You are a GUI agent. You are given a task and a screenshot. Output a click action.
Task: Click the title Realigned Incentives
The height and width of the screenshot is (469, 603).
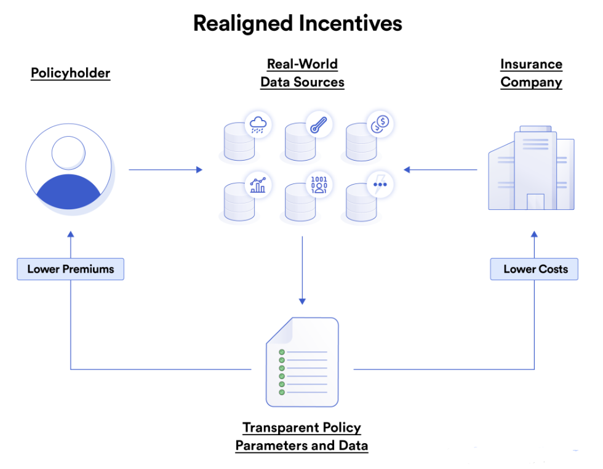tap(297, 23)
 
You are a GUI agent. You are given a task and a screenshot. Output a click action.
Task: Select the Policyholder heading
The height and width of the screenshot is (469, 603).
tap(70, 73)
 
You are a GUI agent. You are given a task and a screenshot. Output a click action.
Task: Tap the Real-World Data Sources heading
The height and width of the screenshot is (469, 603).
tap(302, 73)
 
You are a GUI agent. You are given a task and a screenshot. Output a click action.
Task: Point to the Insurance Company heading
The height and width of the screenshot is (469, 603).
tap(531, 73)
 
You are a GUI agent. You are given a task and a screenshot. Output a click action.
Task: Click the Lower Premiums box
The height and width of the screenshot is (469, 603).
tap(70, 269)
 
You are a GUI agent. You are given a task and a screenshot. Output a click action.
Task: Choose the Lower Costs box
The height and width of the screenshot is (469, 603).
tap(534, 269)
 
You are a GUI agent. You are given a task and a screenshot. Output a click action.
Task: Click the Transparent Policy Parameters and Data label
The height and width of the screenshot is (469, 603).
tap(301, 436)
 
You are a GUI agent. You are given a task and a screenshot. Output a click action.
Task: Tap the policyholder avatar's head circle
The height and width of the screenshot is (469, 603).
tap(68, 152)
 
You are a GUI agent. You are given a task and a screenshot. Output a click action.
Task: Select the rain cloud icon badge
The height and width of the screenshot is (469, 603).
tap(258, 126)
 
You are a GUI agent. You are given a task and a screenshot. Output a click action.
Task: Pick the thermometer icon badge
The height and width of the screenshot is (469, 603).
tap(319, 126)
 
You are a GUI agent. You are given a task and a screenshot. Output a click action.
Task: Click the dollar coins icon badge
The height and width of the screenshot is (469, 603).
tap(380, 124)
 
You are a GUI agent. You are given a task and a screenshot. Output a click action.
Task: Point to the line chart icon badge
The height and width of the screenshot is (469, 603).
tap(258, 183)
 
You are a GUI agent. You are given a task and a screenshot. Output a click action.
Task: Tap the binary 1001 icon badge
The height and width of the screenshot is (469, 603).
tap(319, 183)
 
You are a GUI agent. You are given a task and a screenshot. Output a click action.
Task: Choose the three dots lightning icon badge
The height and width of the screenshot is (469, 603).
tap(380, 183)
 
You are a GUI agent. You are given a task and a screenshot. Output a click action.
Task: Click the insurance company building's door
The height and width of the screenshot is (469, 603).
tap(535, 202)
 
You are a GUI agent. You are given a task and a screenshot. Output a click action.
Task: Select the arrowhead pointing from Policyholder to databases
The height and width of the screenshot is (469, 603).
tap(199, 169)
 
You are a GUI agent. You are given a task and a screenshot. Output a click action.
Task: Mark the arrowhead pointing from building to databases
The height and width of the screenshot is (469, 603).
tap(407, 169)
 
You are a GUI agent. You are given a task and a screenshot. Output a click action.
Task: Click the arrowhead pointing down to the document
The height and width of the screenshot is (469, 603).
tap(302, 301)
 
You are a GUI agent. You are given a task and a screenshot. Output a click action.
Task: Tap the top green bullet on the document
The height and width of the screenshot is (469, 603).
tap(282, 352)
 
